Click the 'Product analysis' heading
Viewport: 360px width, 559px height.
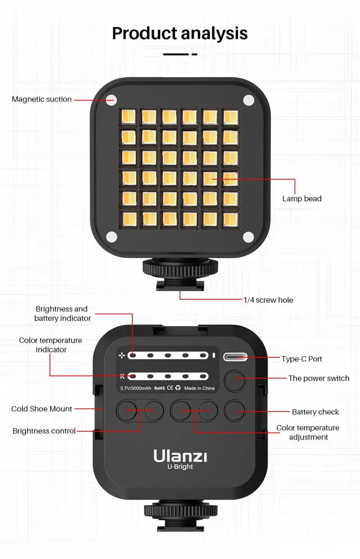180,33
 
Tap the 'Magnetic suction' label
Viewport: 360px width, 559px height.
41,99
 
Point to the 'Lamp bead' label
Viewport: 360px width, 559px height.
301,198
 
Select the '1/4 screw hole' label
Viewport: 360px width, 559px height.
268,300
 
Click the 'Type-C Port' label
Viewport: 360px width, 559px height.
301,359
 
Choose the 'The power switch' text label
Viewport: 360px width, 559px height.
319,378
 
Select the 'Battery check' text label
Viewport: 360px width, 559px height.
315,412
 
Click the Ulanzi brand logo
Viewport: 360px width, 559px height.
180,456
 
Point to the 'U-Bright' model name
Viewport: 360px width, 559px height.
180,467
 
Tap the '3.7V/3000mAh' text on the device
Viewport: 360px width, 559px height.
135,388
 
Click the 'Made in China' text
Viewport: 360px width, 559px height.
199,388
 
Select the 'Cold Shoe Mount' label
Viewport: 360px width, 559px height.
41,409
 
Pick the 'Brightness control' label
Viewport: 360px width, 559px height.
44,431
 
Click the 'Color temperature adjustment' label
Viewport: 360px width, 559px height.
308,433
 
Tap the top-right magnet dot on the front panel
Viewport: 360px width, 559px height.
248,99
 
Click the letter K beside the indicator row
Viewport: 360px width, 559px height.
122,376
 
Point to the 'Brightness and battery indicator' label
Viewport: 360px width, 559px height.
62,314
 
